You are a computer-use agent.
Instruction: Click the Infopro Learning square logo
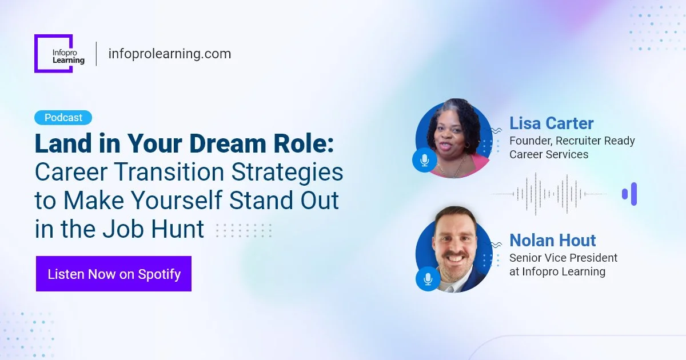53,54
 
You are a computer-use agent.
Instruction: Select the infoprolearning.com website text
169,54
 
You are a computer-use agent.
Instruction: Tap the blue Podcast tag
63,118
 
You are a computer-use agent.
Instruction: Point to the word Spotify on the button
159,274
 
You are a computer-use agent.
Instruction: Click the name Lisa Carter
551,123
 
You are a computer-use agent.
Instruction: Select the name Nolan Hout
552,240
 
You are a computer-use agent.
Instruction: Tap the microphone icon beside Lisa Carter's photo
424,160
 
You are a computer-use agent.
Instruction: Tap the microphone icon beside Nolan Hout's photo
428,279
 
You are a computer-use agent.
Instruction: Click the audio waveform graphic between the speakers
549,194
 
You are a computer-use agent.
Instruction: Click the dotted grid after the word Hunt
244,230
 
